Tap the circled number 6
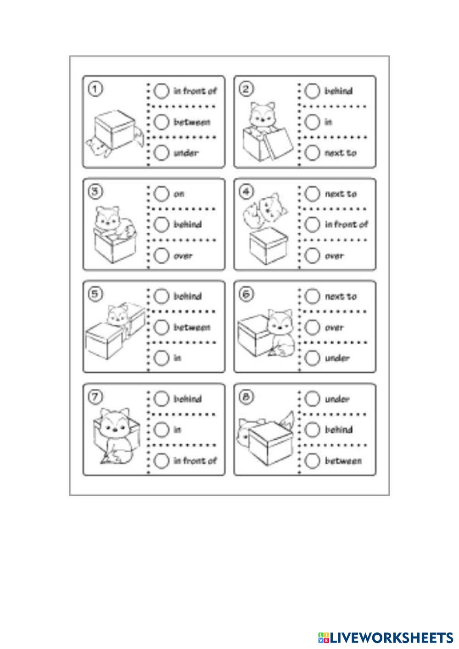click(246, 295)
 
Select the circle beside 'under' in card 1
click(162, 153)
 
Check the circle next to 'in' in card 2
click(312, 122)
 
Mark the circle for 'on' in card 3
click(162, 194)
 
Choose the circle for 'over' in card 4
click(312, 256)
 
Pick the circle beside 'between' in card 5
click(162, 327)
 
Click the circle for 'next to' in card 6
click(312, 297)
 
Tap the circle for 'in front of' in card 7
click(162, 460)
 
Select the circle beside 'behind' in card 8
click(312, 430)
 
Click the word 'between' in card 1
click(192, 122)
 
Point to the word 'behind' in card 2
click(339, 91)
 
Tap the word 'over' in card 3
click(183, 256)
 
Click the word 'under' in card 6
click(337, 358)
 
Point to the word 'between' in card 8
click(343, 461)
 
